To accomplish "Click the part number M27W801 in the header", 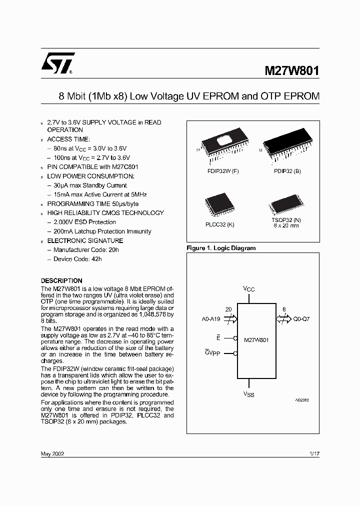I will click(x=291, y=71).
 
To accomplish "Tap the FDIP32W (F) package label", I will click(x=223, y=171).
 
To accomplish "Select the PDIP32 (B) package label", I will click(x=287, y=171).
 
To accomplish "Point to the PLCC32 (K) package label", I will click(x=219, y=224).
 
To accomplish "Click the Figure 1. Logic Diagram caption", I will click(x=221, y=248).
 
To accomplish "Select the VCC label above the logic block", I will click(x=249, y=288).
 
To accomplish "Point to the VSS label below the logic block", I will click(x=248, y=394).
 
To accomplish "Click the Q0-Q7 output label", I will click(x=301, y=318).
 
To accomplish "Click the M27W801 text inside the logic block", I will click(x=256, y=339).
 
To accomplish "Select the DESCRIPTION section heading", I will click(x=61, y=280).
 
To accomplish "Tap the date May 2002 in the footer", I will click(x=52, y=453).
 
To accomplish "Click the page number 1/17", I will click(x=314, y=453).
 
